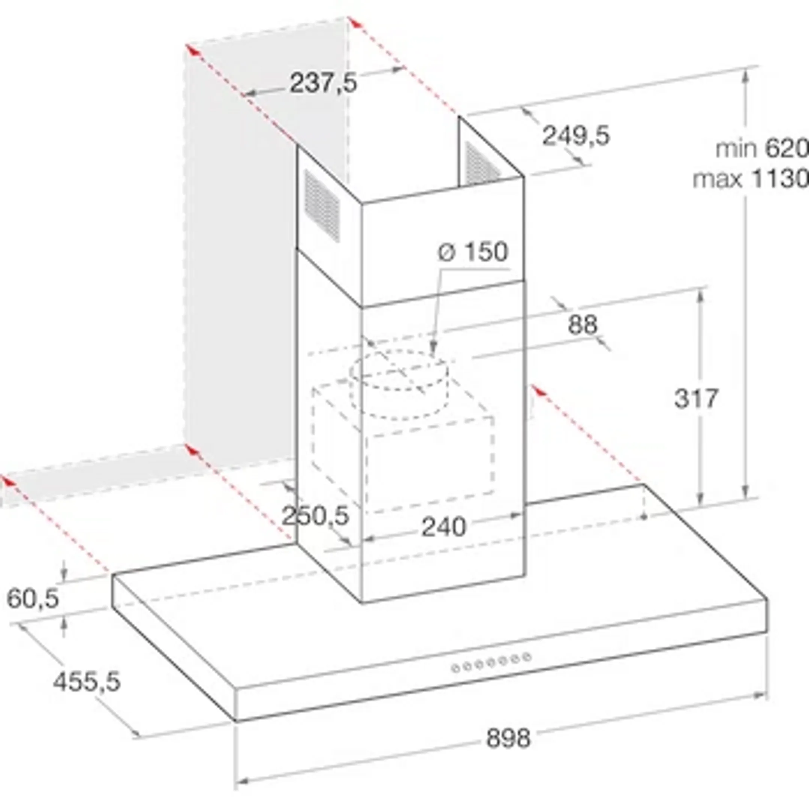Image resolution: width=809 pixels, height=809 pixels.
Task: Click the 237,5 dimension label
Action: (x=323, y=82)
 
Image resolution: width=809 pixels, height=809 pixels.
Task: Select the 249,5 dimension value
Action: (x=576, y=136)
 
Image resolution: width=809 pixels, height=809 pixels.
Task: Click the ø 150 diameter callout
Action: (x=473, y=252)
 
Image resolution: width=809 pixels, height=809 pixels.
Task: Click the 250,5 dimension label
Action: (x=315, y=515)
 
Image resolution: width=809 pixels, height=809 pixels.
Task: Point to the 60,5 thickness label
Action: (x=33, y=599)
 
